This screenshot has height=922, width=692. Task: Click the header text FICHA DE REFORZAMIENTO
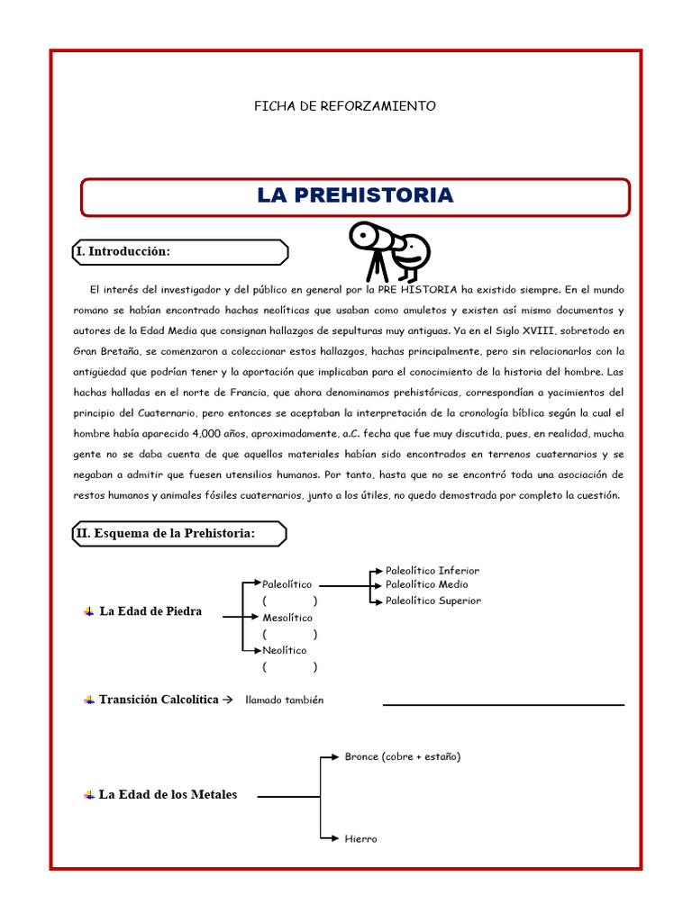pyautogui.click(x=345, y=106)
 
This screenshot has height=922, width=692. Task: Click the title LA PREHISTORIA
pyautogui.click(x=355, y=195)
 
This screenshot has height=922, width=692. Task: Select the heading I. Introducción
pyautogui.click(x=123, y=251)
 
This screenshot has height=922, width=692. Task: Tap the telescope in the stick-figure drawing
pyautogui.click(x=373, y=237)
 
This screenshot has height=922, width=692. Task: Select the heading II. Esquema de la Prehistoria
pyautogui.click(x=166, y=534)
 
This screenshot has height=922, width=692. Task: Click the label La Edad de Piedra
pyautogui.click(x=150, y=611)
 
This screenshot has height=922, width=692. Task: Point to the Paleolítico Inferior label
pyautogui.click(x=432, y=571)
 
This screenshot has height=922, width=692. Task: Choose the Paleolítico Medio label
pyautogui.click(x=426, y=585)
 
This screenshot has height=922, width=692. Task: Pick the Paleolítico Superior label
pyautogui.click(x=433, y=601)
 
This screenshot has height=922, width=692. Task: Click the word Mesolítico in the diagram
pyautogui.click(x=288, y=618)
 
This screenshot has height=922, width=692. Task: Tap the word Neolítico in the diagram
pyautogui.click(x=285, y=650)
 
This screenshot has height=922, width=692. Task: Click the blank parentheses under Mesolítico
pyautogui.click(x=289, y=634)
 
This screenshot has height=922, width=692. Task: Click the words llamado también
pyautogui.click(x=284, y=701)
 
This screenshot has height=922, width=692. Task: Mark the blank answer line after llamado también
pyautogui.click(x=503, y=704)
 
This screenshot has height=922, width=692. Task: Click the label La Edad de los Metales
pyautogui.click(x=168, y=795)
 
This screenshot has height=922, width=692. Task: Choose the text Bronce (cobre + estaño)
pyautogui.click(x=403, y=757)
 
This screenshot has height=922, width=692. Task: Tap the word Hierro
pyautogui.click(x=360, y=839)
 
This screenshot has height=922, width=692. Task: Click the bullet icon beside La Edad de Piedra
pyautogui.click(x=88, y=612)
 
